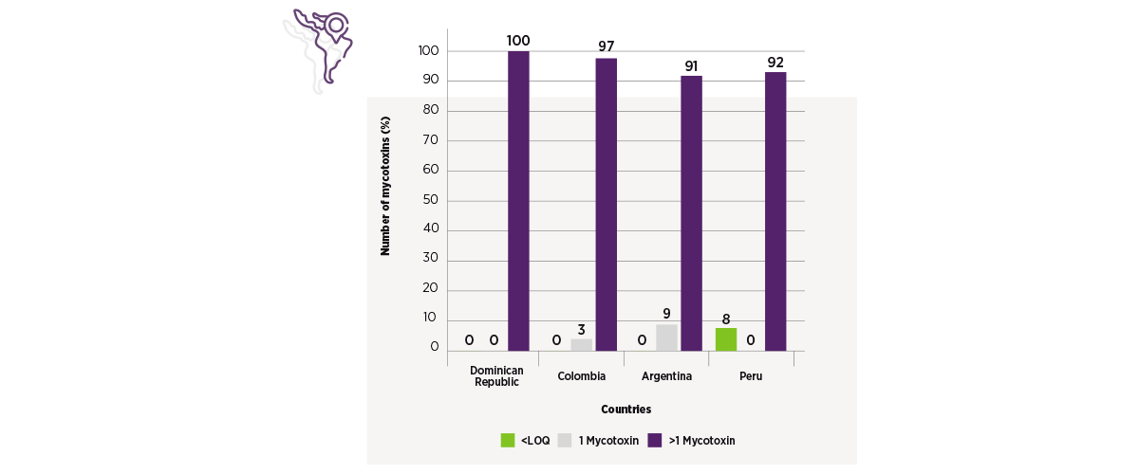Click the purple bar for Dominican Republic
click(x=518, y=201)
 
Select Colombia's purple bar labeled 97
click(x=607, y=205)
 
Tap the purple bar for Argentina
click(x=692, y=213)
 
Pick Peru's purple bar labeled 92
click(x=775, y=211)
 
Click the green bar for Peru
click(x=726, y=339)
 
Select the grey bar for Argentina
click(x=666, y=337)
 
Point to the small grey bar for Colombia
click(x=581, y=345)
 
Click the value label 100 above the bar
click(x=518, y=41)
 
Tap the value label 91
click(x=691, y=66)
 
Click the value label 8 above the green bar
click(x=726, y=319)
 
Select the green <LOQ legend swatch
click(x=508, y=440)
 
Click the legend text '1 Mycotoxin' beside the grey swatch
click(x=608, y=441)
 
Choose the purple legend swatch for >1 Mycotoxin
click(x=655, y=440)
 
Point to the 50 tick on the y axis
click(x=431, y=200)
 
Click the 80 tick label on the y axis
click(x=431, y=109)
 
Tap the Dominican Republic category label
click(x=496, y=376)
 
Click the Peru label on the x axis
click(x=751, y=376)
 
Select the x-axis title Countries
click(x=626, y=409)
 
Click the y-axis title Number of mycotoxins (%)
click(x=385, y=186)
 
